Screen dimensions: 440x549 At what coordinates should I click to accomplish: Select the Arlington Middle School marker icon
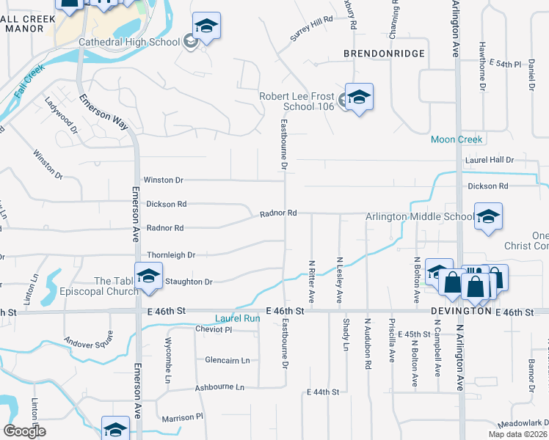[x=487, y=216]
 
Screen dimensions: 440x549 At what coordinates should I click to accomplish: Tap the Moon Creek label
[x=457, y=139]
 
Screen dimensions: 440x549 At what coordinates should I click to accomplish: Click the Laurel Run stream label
[x=237, y=319]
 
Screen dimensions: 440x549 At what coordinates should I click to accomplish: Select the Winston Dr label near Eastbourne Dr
[x=163, y=180]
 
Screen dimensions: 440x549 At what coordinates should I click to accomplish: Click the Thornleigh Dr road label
[x=171, y=255]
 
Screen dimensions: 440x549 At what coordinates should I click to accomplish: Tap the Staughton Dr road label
[x=189, y=282]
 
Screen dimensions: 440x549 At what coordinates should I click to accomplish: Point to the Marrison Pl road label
[x=183, y=417]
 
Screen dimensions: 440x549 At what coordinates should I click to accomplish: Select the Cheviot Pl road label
[x=214, y=330]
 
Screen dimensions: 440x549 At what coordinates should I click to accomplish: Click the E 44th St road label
[x=323, y=392]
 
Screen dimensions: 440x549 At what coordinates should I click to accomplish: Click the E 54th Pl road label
[x=504, y=65]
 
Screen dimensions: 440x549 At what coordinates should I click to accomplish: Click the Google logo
[x=25, y=431]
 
